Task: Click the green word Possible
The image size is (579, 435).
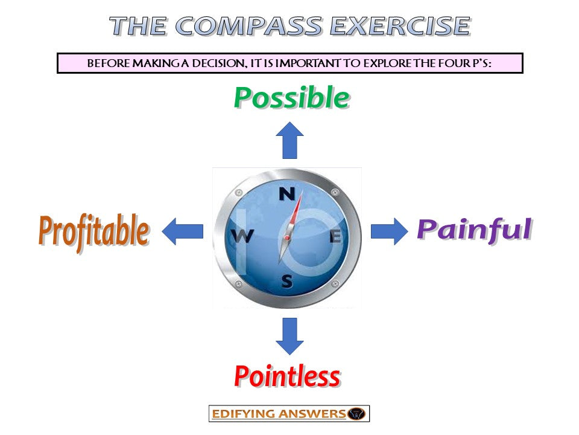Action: click(291, 98)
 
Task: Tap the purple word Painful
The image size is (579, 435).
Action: click(474, 230)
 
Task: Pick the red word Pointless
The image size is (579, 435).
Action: click(287, 376)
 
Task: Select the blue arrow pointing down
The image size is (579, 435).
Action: click(289, 336)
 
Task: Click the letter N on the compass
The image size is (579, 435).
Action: click(287, 195)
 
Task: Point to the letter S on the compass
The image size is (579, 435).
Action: click(288, 281)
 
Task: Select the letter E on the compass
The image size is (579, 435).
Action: click(335, 237)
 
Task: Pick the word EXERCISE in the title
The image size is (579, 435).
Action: click(400, 26)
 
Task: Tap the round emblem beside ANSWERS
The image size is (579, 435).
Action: click(357, 414)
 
